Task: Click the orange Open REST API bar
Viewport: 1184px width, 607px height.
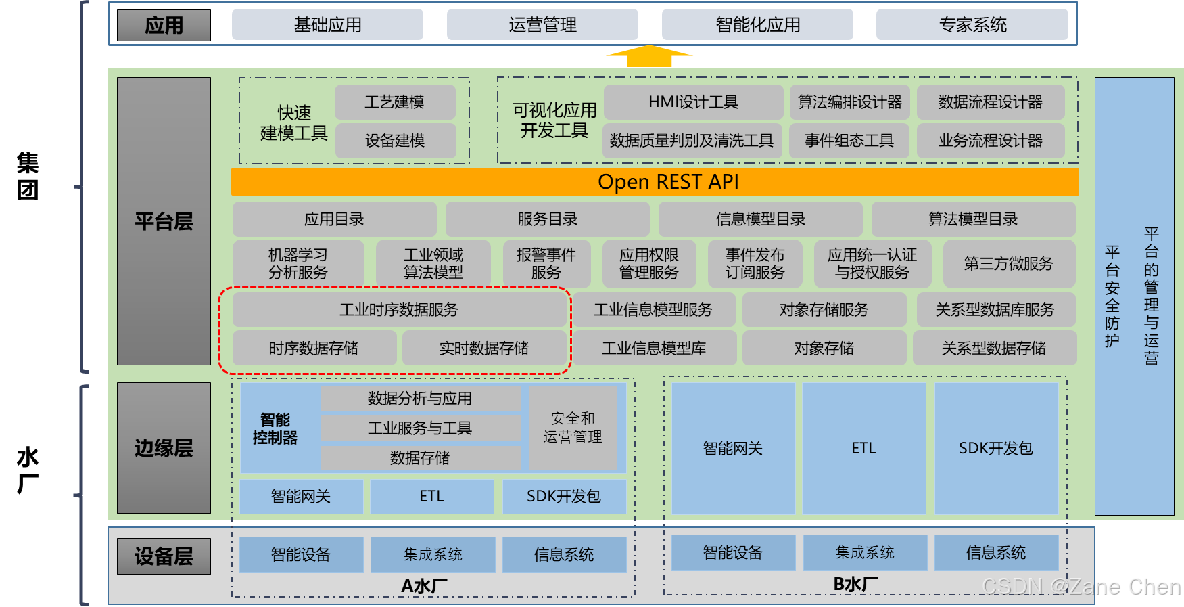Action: click(x=655, y=182)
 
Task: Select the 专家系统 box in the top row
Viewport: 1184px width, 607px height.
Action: click(x=972, y=25)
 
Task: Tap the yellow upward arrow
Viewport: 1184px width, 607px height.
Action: click(x=649, y=56)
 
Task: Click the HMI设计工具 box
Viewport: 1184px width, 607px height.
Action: click(x=693, y=102)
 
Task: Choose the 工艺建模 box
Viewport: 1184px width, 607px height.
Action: click(x=395, y=102)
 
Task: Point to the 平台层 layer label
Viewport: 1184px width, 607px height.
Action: click(x=164, y=221)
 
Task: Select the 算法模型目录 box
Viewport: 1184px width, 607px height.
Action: click(x=972, y=219)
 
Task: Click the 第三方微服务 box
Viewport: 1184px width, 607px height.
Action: click(x=1008, y=264)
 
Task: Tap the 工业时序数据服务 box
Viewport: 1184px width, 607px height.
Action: click(x=399, y=310)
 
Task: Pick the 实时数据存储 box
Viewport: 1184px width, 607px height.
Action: click(x=484, y=349)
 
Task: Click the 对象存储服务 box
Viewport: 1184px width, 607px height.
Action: click(x=824, y=310)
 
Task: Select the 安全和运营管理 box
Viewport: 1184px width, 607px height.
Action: click(x=573, y=428)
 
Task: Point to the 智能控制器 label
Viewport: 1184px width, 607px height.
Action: click(x=275, y=428)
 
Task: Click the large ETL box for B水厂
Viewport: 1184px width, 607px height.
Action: click(x=863, y=448)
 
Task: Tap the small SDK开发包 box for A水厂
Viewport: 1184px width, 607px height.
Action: click(x=564, y=497)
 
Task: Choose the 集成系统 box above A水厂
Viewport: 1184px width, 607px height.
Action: click(x=433, y=555)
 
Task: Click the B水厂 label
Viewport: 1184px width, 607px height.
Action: click(x=855, y=584)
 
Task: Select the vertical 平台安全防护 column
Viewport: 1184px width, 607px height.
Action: click(x=1113, y=296)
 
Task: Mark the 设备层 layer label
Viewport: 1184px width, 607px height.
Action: click(x=164, y=556)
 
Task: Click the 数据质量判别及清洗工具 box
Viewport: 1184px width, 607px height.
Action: click(x=692, y=141)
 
